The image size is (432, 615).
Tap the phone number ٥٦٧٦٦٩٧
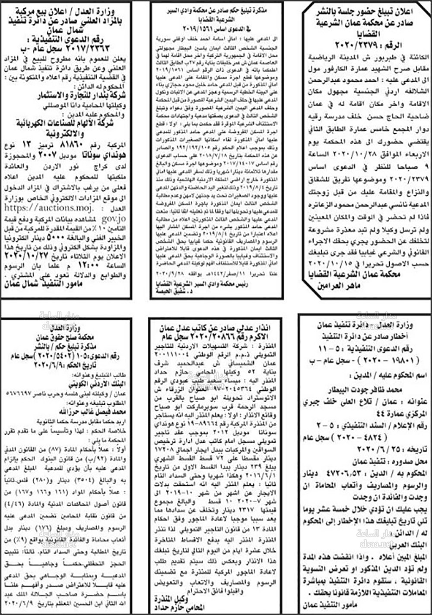21,393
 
